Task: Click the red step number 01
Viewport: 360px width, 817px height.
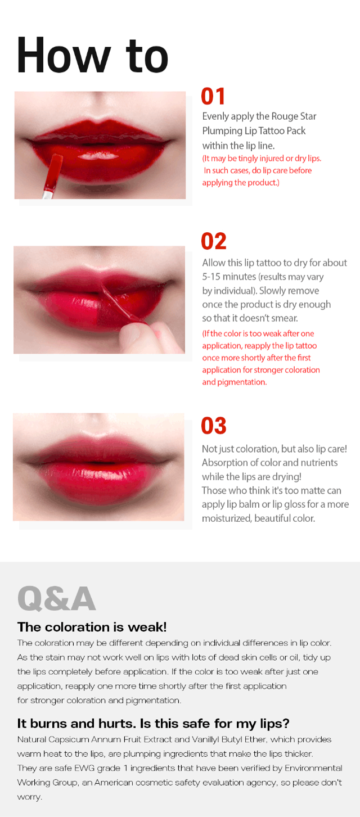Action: (213, 96)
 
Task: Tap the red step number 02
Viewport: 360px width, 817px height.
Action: (214, 241)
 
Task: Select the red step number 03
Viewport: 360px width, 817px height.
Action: (214, 426)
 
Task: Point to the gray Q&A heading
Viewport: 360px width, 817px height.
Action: (57, 598)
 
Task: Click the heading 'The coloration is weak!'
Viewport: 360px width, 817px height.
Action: (92, 627)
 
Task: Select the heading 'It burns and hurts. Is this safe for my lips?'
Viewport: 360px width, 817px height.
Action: (153, 724)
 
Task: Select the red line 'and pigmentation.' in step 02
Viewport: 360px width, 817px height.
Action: (235, 382)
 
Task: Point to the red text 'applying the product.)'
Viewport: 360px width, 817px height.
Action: (241, 183)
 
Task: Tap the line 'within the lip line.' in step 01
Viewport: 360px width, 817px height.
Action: (238, 146)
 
